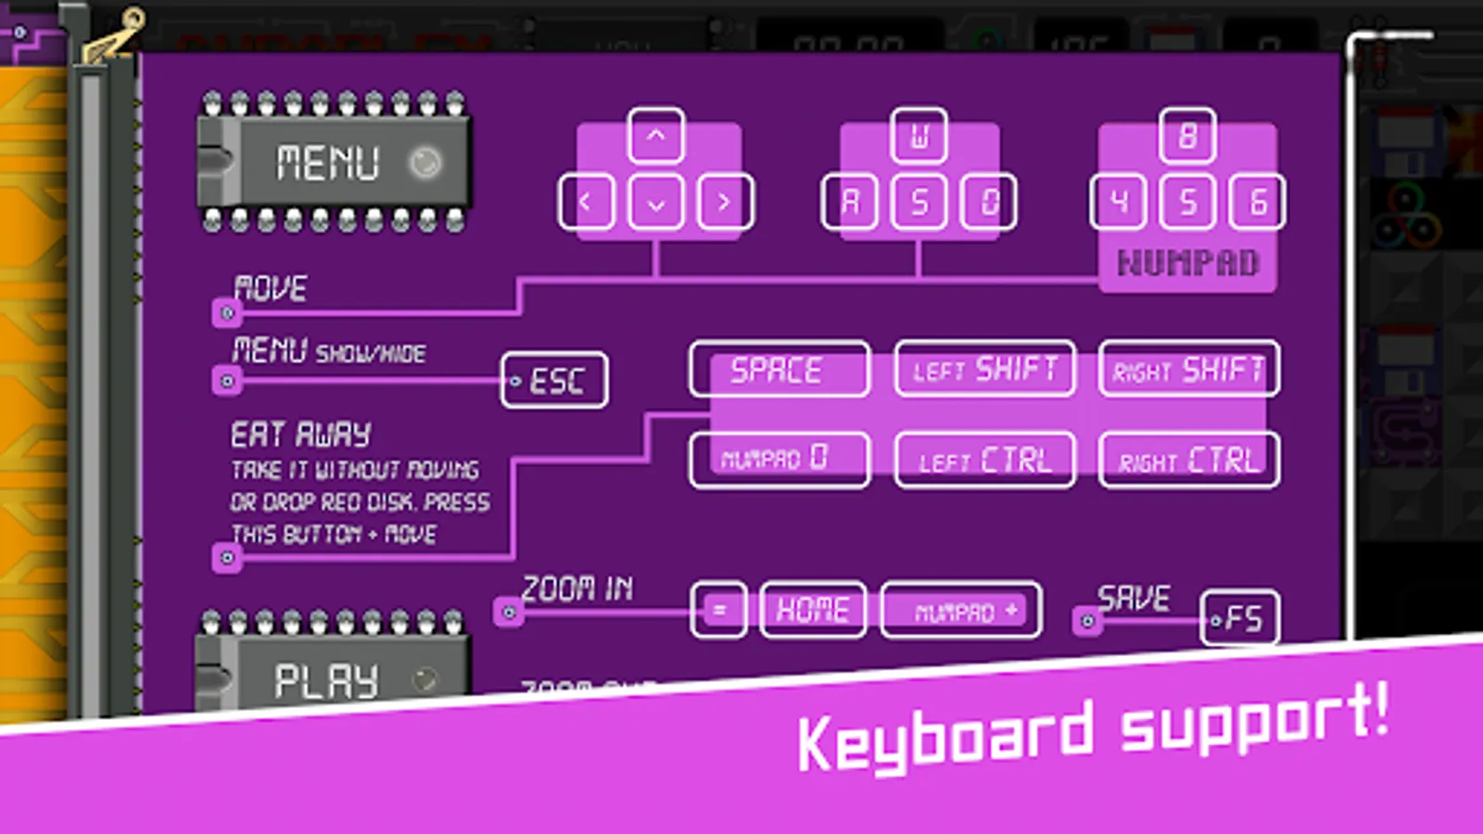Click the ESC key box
click(554, 380)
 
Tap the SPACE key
click(779, 369)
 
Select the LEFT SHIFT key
click(984, 369)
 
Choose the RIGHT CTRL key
click(1188, 460)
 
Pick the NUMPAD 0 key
click(779, 459)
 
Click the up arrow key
click(656, 136)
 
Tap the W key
click(919, 136)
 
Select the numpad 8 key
click(1187, 136)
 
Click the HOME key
click(813, 610)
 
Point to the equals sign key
click(718, 610)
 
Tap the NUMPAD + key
click(961, 611)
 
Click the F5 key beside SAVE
click(1240, 618)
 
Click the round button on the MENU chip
click(425, 163)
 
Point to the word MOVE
click(270, 288)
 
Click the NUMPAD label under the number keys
click(1187, 263)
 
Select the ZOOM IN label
click(577, 588)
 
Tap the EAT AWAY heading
click(300, 434)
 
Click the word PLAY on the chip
click(326, 681)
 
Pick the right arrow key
click(724, 202)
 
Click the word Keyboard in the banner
click(945, 739)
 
